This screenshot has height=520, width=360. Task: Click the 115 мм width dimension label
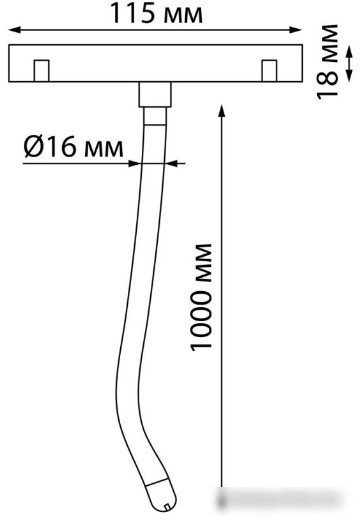pyautogui.click(x=156, y=13)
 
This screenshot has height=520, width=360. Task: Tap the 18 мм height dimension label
pyautogui.click(x=327, y=62)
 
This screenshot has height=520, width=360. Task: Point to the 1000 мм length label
pyautogui.click(x=201, y=297)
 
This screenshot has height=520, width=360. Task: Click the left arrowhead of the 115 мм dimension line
pyautogui.click(x=15, y=30)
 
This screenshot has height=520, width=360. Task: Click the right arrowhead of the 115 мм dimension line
pyautogui.click(x=295, y=30)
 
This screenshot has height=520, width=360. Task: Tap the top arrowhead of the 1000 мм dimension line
pyautogui.click(x=222, y=110)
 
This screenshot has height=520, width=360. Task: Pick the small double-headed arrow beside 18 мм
pyautogui.click(x=349, y=63)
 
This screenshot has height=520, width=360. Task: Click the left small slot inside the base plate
pyautogui.click(x=42, y=71)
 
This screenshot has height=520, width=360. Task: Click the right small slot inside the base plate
pyautogui.click(x=269, y=71)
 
